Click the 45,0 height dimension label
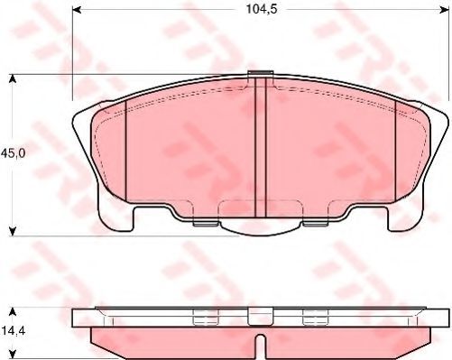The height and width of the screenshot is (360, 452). click(x=14, y=153)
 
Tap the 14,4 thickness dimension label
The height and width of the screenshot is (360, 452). click(x=14, y=331)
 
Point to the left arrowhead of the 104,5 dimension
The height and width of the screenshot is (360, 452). click(x=78, y=10)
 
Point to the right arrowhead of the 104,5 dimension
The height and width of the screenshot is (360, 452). click(x=445, y=10)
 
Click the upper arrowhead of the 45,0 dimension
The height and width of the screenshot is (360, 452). click(x=12, y=79)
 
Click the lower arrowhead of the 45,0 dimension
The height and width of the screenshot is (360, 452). click(x=12, y=231)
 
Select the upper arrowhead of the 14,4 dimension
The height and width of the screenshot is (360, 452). click(x=12, y=312)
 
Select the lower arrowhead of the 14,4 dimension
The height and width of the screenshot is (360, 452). click(x=12, y=355)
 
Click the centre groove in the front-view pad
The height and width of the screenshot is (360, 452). click(x=261, y=147)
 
